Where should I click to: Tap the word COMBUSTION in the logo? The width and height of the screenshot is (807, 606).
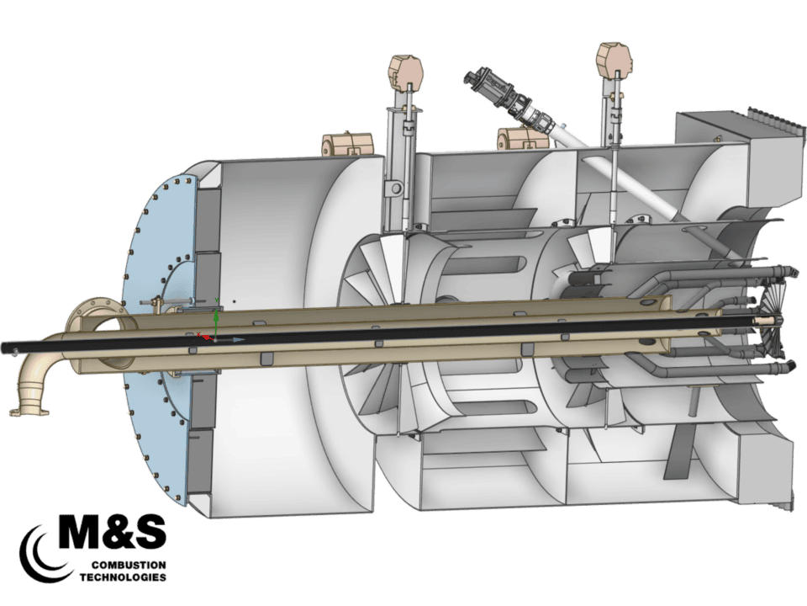[125, 563]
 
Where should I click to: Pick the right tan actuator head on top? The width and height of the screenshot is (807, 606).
[613, 60]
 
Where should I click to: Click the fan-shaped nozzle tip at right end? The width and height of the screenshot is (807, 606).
[777, 320]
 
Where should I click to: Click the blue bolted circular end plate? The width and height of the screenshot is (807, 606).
[160, 337]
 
